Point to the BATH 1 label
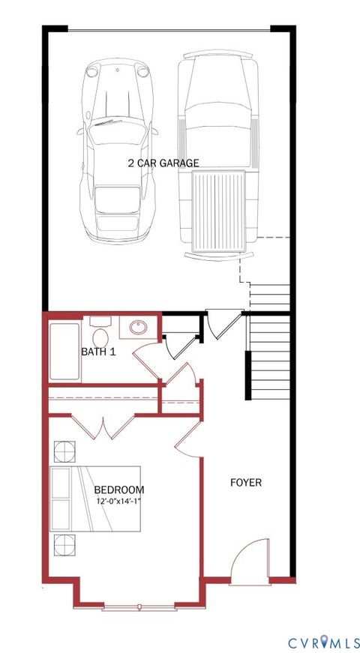click(98, 351)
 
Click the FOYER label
click(245, 483)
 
